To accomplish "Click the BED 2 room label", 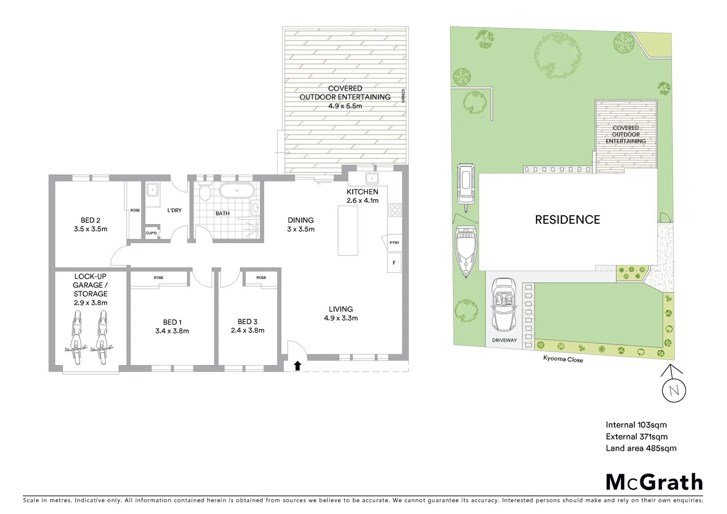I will point(90,220).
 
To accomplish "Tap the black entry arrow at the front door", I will point(297,366).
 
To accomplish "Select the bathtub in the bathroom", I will point(236,191).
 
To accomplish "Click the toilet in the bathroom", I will point(205,192).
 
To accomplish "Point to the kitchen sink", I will point(371,178).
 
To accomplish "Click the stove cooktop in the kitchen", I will point(395,210).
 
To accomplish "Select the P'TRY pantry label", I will point(394,243).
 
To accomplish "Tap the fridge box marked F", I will point(394,263).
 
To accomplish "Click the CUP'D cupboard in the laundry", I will point(151,233).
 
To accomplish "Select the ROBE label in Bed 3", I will point(261,277).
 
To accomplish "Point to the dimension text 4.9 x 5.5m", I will point(345,106).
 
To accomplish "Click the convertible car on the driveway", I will point(504,305).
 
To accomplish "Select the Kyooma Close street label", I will point(563,359).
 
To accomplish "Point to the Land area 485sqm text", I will point(640,448).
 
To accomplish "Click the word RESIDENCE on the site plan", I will point(567,219).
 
